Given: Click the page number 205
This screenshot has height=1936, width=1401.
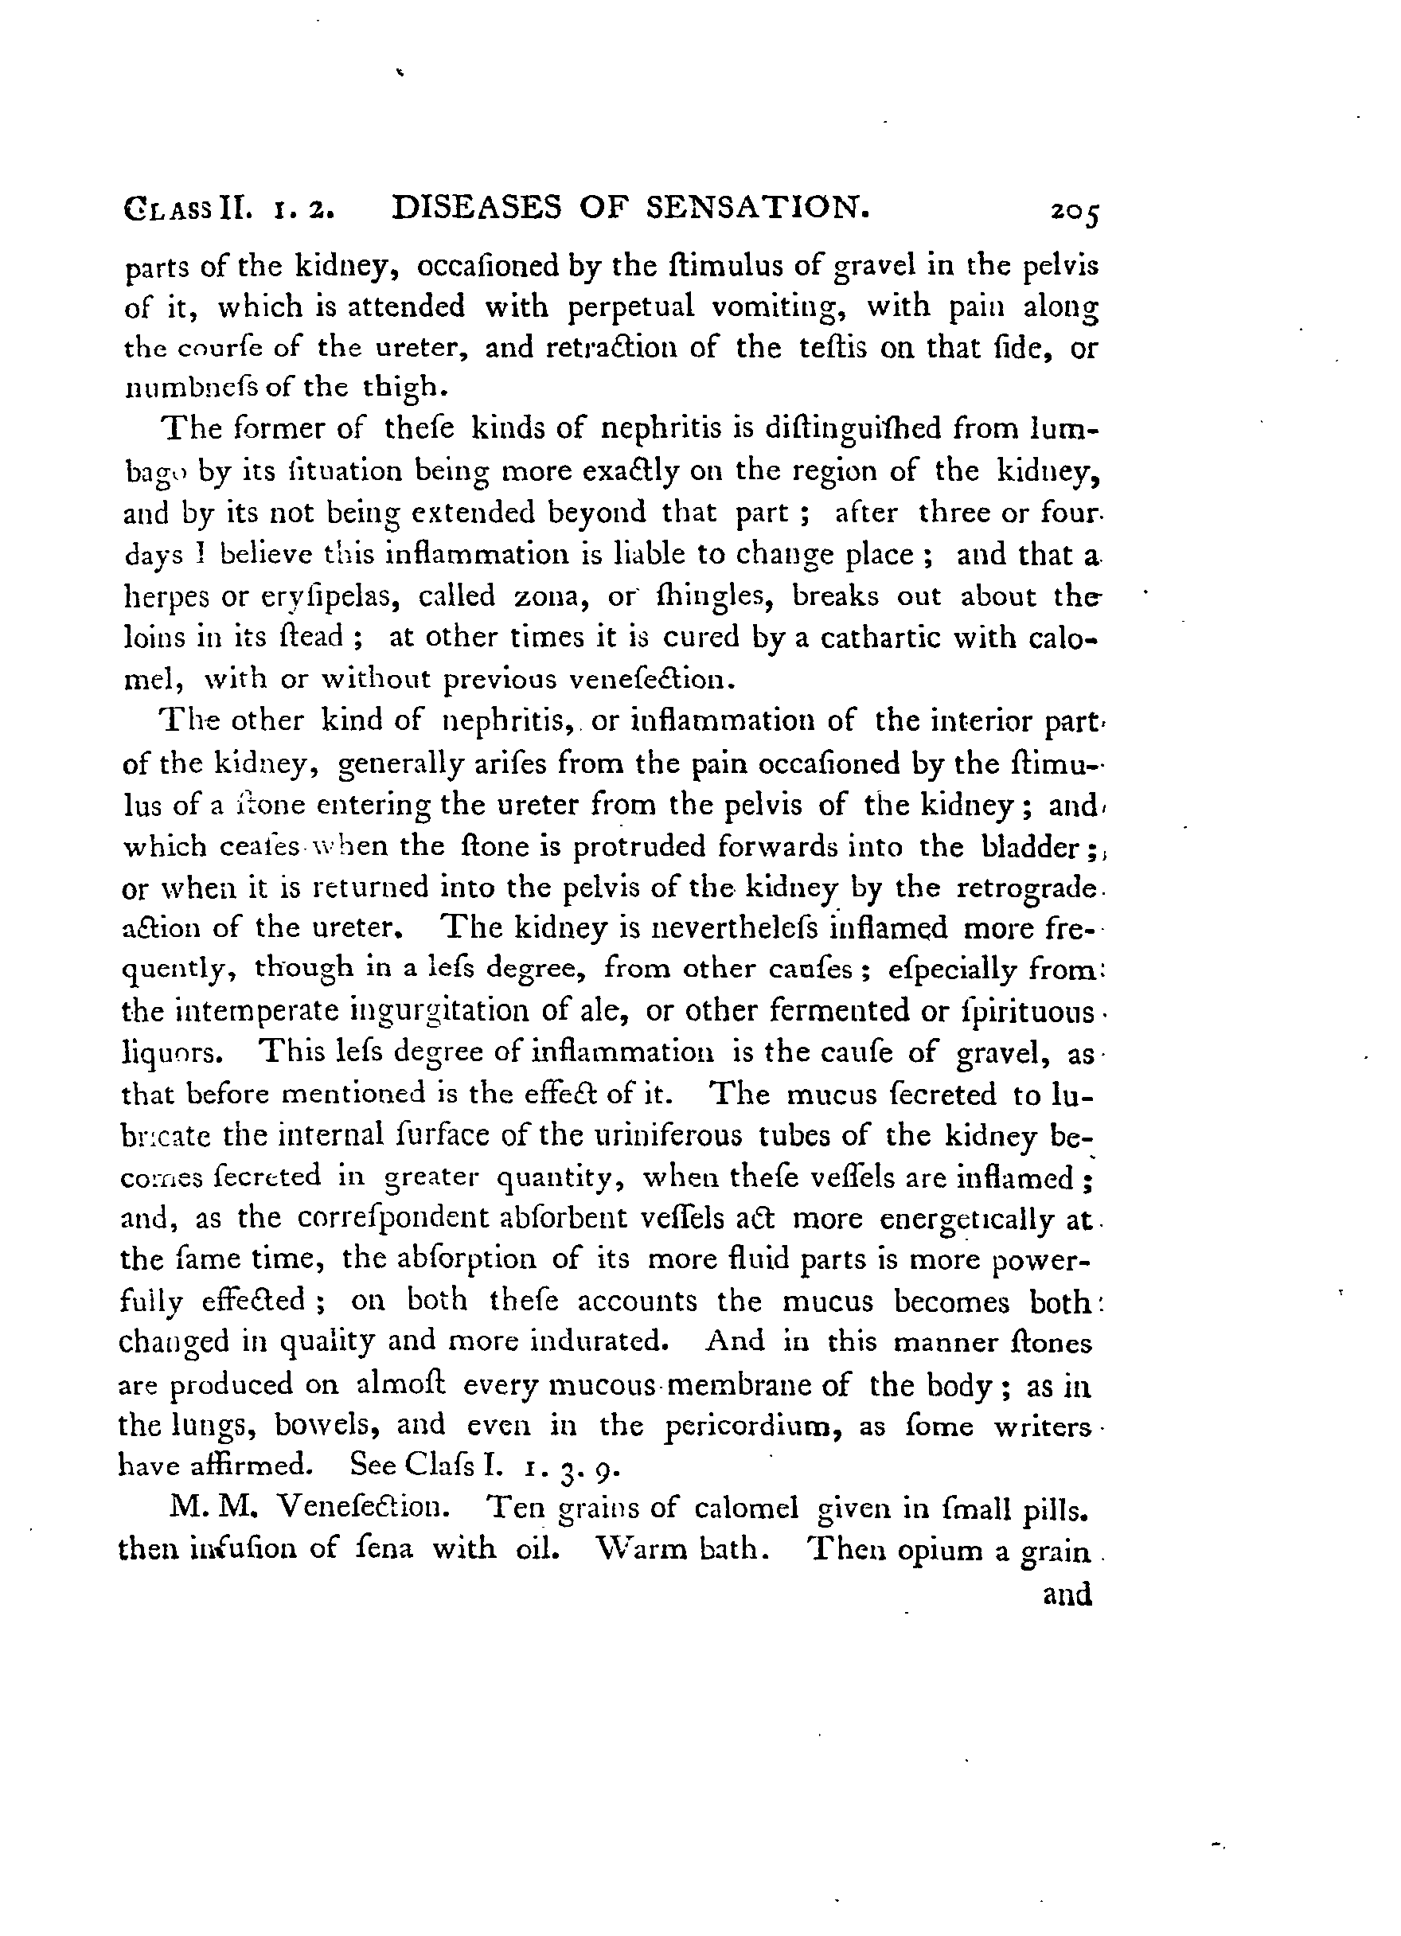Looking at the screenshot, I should point(1075,212).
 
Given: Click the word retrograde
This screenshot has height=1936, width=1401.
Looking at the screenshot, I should point(1025,888).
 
